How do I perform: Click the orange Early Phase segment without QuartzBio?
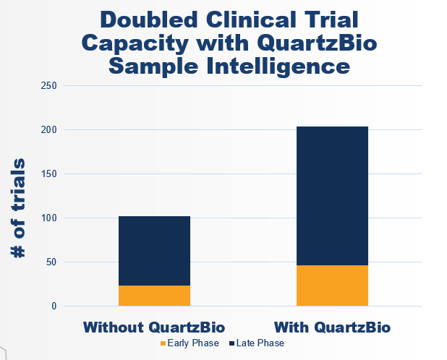pyautogui.click(x=154, y=296)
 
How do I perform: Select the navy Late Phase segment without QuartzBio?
pyautogui.click(x=154, y=251)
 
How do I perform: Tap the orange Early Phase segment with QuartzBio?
pyautogui.click(x=332, y=286)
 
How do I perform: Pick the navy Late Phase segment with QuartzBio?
pyautogui.click(x=332, y=196)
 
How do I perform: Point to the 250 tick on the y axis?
pyautogui.click(x=49, y=85)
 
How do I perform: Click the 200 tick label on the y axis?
pyautogui.click(x=49, y=129)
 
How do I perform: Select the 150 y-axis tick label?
pyautogui.click(x=49, y=173)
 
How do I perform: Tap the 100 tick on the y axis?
pyautogui.click(x=49, y=218)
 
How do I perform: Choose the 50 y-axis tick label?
pyautogui.click(x=51, y=262)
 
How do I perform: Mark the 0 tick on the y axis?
pyautogui.click(x=54, y=306)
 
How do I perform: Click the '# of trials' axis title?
pyautogui.click(x=19, y=207)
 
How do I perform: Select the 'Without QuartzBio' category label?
pyautogui.click(x=154, y=327)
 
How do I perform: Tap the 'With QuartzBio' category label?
pyautogui.click(x=332, y=327)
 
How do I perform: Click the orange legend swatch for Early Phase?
pyautogui.click(x=163, y=343)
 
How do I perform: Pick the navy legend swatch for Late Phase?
pyautogui.click(x=231, y=343)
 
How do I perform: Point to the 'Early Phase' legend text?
pyautogui.click(x=193, y=343)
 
